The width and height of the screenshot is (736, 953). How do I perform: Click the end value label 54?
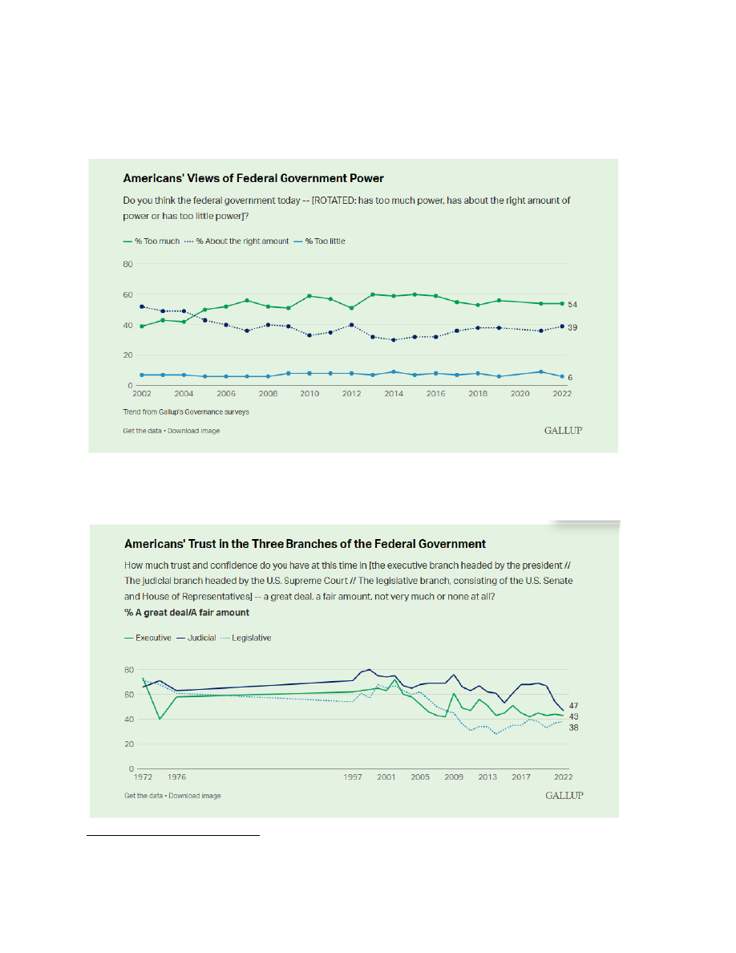(573, 305)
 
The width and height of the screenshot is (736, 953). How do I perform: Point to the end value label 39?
(573, 328)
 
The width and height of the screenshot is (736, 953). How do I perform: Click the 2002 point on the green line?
(142, 326)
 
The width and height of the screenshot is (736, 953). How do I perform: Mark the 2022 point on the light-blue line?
(560, 376)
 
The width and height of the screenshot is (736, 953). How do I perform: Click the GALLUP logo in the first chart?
(563, 431)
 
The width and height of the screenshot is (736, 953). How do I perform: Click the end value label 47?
(573, 705)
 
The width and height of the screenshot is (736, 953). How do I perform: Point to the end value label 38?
(573, 728)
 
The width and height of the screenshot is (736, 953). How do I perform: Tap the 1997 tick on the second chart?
(352, 777)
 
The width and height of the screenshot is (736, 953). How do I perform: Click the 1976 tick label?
(176, 777)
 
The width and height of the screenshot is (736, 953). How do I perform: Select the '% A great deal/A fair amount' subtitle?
(187, 612)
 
